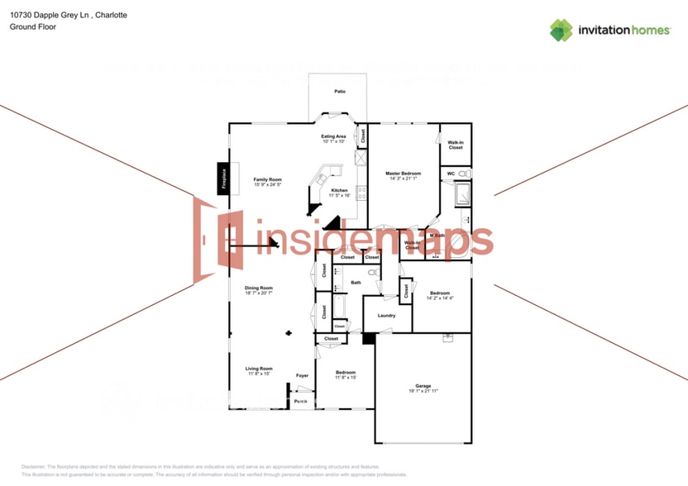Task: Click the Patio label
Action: (x=339, y=91)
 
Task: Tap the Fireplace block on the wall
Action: (x=222, y=179)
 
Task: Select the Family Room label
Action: (x=268, y=179)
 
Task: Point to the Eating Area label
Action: (x=333, y=136)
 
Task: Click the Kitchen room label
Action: (x=340, y=190)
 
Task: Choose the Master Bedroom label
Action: (x=403, y=174)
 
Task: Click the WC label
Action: (x=451, y=174)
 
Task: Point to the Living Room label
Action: (x=259, y=369)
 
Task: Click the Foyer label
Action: (x=303, y=376)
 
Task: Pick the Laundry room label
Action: (x=386, y=315)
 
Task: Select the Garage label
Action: (x=423, y=386)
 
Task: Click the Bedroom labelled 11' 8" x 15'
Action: (x=346, y=373)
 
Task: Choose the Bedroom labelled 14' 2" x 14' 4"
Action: (x=439, y=293)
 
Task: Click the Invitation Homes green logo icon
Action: (x=561, y=31)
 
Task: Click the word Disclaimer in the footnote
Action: (x=36, y=467)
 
